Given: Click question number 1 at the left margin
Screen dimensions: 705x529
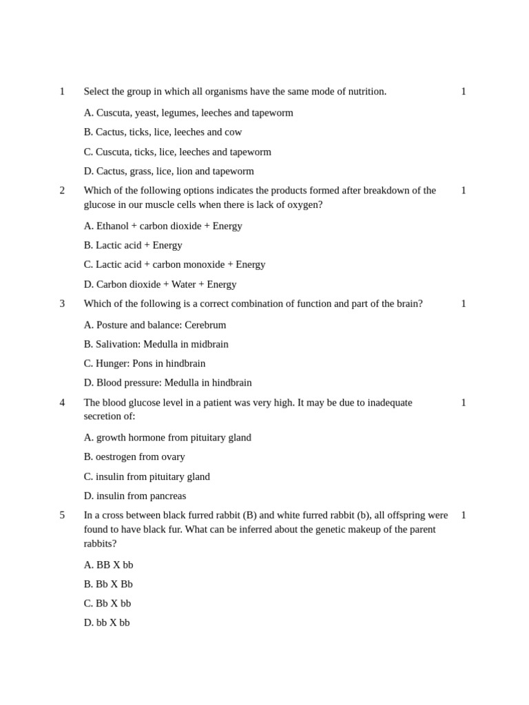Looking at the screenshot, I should point(62,92).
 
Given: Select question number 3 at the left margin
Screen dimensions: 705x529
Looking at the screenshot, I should point(62,304).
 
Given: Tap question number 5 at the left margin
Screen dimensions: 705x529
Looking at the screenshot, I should point(62,515).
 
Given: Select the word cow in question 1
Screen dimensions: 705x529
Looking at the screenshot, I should point(234,132).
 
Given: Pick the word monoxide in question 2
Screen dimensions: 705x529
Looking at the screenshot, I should point(203,264).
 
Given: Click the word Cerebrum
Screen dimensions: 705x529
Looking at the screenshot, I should point(205,325).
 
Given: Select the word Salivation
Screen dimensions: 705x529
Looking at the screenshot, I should point(118,344).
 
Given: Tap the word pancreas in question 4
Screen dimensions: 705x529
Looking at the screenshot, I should point(166,496).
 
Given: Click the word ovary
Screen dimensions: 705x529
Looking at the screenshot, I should point(172,457).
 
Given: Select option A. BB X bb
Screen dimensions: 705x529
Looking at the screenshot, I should point(108,565).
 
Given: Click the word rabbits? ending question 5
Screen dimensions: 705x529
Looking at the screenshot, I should point(100,544).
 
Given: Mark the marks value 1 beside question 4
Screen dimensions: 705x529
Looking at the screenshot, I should point(464,403).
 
